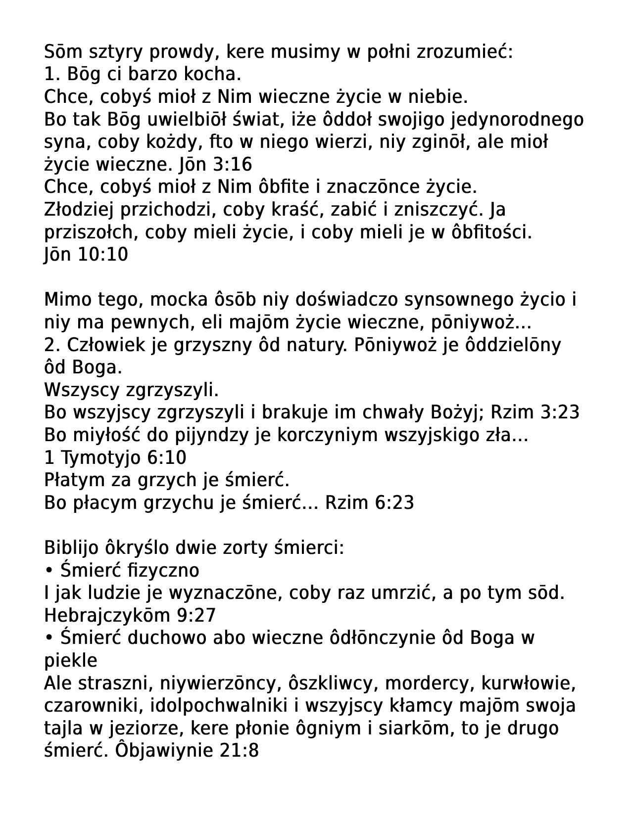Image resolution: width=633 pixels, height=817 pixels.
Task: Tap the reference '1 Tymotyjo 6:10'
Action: (x=115, y=457)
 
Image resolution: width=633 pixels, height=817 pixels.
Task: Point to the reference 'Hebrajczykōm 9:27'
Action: (x=130, y=616)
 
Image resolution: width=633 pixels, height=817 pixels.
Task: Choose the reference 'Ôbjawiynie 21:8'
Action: (x=187, y=751)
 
